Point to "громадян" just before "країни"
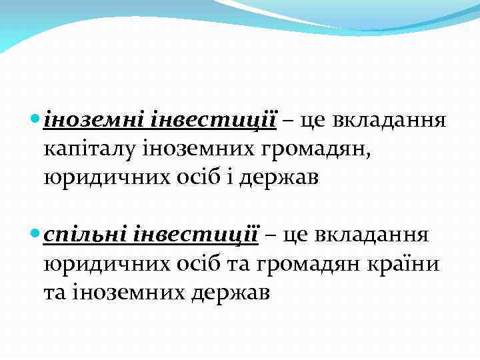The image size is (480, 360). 321,264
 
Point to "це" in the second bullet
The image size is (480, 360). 296,236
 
